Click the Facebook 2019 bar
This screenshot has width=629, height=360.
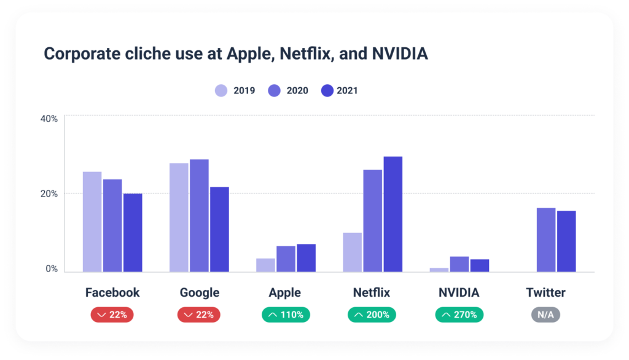pyautogui.click(x=92, y=221)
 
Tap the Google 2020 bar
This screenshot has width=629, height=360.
pyautogui.click(x=199, y=215)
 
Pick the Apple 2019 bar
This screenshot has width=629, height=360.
pyautogui.click(x=265, y=265)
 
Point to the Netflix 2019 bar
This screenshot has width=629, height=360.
pyautogui.click(x=352, y=252)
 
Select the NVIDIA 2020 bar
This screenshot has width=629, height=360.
pyautogui.click(x=459, y=264)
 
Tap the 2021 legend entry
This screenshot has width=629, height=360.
pyautogui.click(x=340, y=91)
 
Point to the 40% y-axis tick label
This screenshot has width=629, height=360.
pyautogui.click(x=49, y=118)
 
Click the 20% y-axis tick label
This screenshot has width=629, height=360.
pyautogui.click(x=49, y=194)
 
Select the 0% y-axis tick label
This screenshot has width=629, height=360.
pyautogui.click(x=52, y=269)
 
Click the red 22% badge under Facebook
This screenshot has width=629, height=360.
pyautogui.click(x=112, y=315)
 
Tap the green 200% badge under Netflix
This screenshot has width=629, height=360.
pyautogui.click(x=372, y=315)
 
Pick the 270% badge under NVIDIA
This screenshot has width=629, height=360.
pyautogui.click(x=459, y=315)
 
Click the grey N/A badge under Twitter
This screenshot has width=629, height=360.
pyautogui.click(x=545, y=315)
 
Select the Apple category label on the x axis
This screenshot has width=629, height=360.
pyautogui.click(x=285, y=292)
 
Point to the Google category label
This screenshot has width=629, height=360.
pyautogui.click(x=199, y=292)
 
